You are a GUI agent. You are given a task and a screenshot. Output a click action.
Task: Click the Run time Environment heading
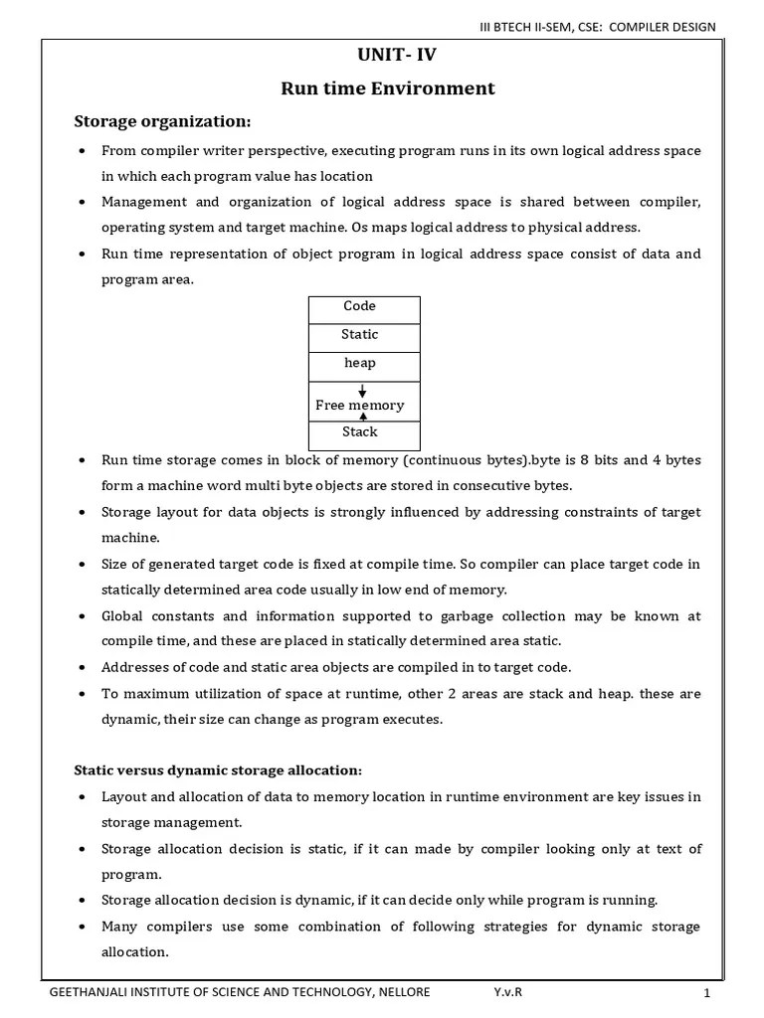pos(387,88)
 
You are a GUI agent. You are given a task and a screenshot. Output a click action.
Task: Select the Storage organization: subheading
pos(163,121)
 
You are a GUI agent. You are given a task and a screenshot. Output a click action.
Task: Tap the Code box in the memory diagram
pos(359,307)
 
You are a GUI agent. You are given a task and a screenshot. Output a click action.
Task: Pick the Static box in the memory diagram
pos(359,335)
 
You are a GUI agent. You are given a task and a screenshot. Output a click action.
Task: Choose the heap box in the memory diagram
pos(359,364)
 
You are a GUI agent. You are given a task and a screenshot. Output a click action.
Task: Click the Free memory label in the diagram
pos(359,406)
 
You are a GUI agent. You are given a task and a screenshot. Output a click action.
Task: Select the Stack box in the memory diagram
pos(359,432)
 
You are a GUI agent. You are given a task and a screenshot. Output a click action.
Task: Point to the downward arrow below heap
pos(362,391)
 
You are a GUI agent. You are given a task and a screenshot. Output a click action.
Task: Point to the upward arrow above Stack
pos(362,418)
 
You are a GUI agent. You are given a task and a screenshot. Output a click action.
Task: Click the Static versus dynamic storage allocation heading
pos(219,770)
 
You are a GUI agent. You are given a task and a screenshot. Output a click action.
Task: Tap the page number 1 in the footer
pos(706,993)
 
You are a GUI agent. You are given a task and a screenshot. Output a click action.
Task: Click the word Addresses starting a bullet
pos(134,667)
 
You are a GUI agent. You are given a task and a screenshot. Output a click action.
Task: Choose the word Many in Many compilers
pos(120,927)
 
